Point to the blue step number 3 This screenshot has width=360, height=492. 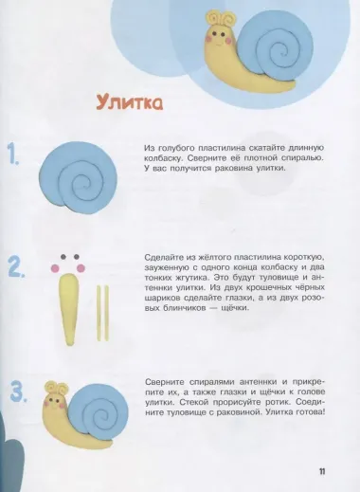16,390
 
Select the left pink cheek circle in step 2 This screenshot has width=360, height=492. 55,268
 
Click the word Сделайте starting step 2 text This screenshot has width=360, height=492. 165,259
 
